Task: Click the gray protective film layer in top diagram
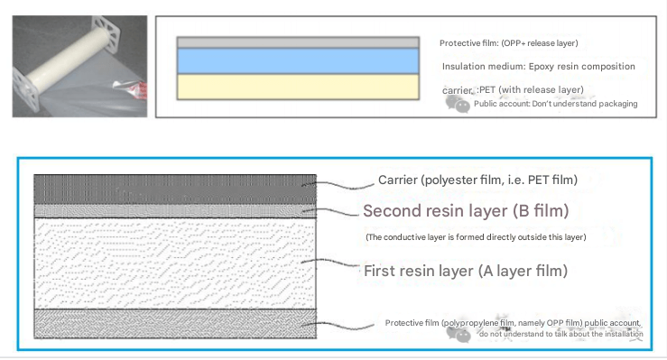[x=298, y=42]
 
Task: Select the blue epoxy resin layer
[x=298, y=60]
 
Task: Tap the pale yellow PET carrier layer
[x=298, y=86]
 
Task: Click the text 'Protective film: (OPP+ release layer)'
[x=508, y=43]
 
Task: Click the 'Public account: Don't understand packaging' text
[x=555, y=104]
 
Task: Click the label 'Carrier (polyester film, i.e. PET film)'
[x=477, y=180]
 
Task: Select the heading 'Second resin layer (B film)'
[x=466, y=212]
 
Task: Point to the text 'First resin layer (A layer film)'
[x=465, y=270]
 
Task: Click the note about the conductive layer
[x=476, y=237]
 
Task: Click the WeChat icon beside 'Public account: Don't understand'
[x=459, y=104]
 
